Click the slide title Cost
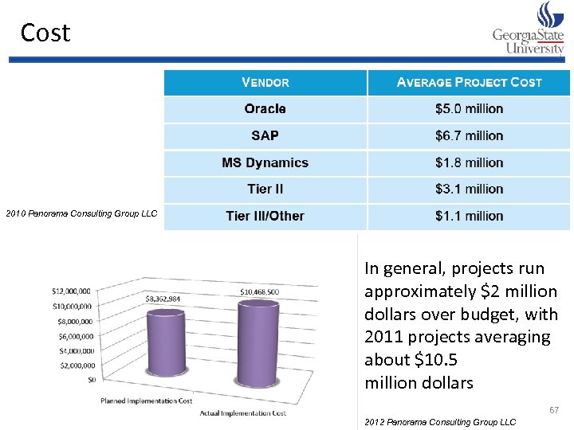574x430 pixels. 45,33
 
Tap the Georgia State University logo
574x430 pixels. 529,29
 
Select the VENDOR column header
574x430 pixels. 265,83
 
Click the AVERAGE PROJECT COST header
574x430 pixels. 469,83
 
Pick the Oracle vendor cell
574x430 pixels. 265,109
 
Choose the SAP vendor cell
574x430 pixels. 265,136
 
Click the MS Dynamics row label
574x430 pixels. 265,162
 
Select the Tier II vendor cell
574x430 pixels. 265,190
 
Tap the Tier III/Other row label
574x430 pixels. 265,216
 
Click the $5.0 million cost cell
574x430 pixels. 469,109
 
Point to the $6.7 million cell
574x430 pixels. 469,136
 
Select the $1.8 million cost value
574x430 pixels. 469,162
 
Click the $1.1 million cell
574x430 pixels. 469,216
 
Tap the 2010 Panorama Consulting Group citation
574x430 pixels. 81,213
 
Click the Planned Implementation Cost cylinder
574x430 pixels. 165,346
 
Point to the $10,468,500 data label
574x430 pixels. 259,292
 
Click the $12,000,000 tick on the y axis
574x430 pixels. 71,291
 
